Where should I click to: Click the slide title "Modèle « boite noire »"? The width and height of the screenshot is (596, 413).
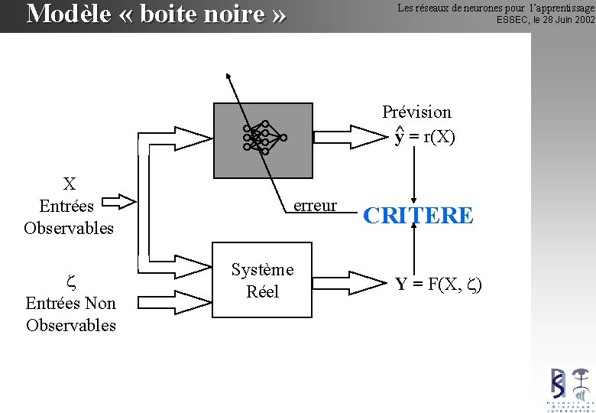[157, 13]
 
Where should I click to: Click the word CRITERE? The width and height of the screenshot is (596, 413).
[418, 216]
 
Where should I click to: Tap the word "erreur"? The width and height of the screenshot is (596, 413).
[315, 206]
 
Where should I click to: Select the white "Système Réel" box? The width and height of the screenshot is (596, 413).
[262, 281]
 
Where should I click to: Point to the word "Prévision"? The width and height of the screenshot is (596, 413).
[416, 112]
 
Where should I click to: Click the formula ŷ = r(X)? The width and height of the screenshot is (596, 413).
[425, 138]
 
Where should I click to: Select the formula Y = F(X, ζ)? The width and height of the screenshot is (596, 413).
[439, 285]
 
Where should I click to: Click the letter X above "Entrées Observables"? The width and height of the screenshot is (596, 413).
[69, 184]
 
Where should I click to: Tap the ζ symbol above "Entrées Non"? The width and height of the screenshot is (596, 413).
[70, 281]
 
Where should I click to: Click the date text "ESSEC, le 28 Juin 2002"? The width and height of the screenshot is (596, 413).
[545, 20]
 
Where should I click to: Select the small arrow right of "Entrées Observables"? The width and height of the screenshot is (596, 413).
[118, 203]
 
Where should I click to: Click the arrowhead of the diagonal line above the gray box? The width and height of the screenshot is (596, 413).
[228, 76]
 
